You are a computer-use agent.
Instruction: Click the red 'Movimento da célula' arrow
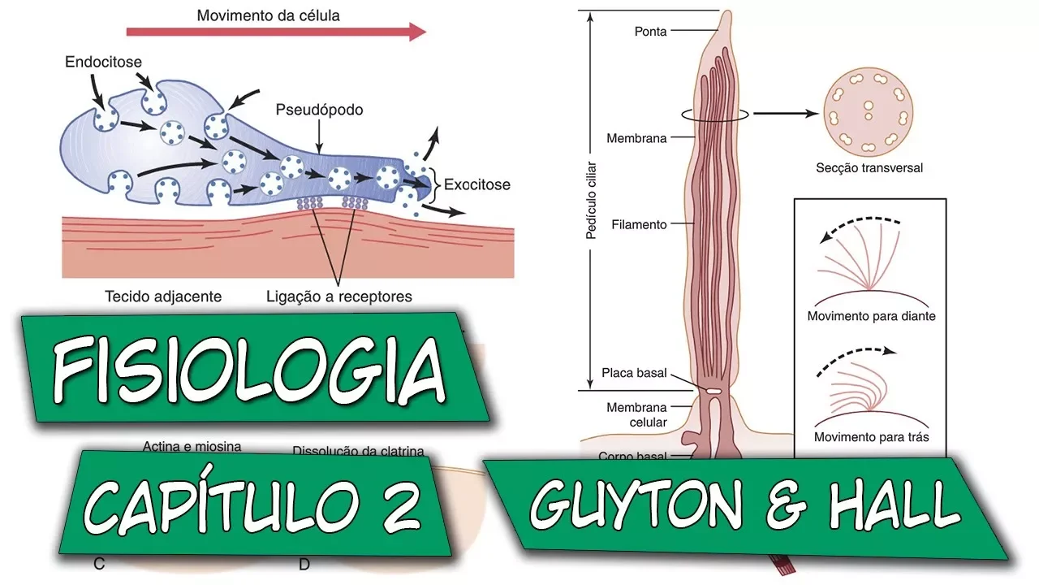tap(276, 32)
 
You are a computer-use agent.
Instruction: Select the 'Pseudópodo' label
tap(319, 109)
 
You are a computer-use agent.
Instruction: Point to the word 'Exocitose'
tap(477, 184)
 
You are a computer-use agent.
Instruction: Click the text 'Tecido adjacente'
tap(163, 297)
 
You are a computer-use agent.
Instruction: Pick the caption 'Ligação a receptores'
tap(339, 297)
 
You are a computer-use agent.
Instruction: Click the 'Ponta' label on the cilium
tap(650, 32)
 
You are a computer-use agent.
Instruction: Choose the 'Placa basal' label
tap(634, 374)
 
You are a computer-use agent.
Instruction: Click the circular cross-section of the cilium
tap(869, 114)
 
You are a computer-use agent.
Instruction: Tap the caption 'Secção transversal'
tap(869, 169)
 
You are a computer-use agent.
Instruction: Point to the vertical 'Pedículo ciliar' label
tap(592, 198)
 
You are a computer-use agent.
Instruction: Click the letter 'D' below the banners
tap(304, 565)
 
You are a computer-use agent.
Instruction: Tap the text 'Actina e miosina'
tap(192, 446)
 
